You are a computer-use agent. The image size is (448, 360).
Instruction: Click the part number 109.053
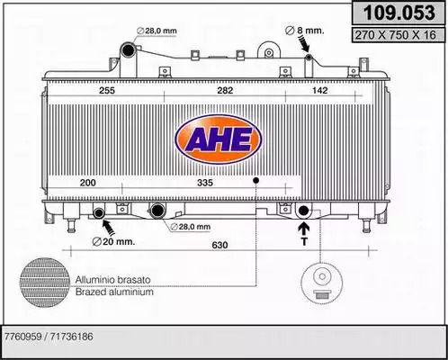pyautogui.click(x=399, y=13)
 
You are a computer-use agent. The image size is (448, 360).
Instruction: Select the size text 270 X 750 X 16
pyautogui.click(x=395, y=35)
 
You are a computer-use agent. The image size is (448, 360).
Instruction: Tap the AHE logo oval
pyautogui.click(x=218, y=139)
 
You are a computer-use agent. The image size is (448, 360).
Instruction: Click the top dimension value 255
pyautogui.click(x=107, y=90)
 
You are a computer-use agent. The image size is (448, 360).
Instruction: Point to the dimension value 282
pyautogui.click(x=225, y=90)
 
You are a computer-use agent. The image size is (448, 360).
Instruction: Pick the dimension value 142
pyautogui.click(x=320, y=90)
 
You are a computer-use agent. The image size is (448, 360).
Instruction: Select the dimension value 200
pyautogui.click(x=88, y=183)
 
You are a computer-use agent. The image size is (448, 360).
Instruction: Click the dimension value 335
pyautogui.click(x=205, y=183)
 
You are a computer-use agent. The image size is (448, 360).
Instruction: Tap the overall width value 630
pyautogui.click(x=220, y=245)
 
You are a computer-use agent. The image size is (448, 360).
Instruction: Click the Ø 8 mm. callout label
pyautogui.click(x=304, y=31)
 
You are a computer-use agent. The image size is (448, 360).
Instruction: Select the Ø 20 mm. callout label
pyautogui.click(x=113, y=241)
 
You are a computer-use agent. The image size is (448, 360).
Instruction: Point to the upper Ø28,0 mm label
pyautogui.click(x=157, y=31)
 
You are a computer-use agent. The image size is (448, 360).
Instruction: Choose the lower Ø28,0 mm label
pyautogui.click(x=191, y=227)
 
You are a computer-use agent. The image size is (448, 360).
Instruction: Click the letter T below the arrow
pyautogui.click(x=304, y=241)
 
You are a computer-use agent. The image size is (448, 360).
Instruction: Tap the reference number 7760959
pyautogui.click(x=22, y=337)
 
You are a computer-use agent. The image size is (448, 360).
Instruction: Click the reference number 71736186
pyautogui.click(x=72, y=337)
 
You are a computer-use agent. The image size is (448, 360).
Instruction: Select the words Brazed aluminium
pyautogui.click(x=114, y=292)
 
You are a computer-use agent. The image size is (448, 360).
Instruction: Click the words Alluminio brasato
pyautogui.click(x=112, y=280)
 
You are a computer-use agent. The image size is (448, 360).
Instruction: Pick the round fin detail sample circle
pyautogui.click(x=45, y=282)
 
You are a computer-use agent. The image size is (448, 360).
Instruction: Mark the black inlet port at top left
pyautogui.click(x=128, y=50)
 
